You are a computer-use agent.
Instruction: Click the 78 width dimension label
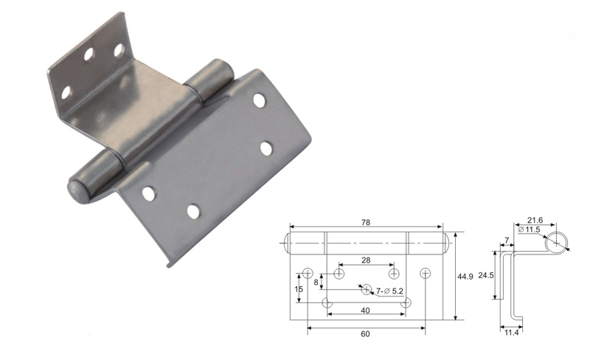point(366,223)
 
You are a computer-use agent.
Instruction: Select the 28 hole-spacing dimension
point(366,260)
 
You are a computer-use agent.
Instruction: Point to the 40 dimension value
point(365,311)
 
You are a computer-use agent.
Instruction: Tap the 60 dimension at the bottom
point(365,334)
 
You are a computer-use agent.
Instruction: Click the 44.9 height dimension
point(465,277)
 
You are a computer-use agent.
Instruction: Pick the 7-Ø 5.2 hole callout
point(389,291)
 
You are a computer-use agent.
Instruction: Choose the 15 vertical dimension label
point(299,289)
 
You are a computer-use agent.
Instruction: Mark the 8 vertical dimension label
point(316,282)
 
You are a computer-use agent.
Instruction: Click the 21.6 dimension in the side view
point(535,221)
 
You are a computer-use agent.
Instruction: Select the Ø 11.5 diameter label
point(529,229)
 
